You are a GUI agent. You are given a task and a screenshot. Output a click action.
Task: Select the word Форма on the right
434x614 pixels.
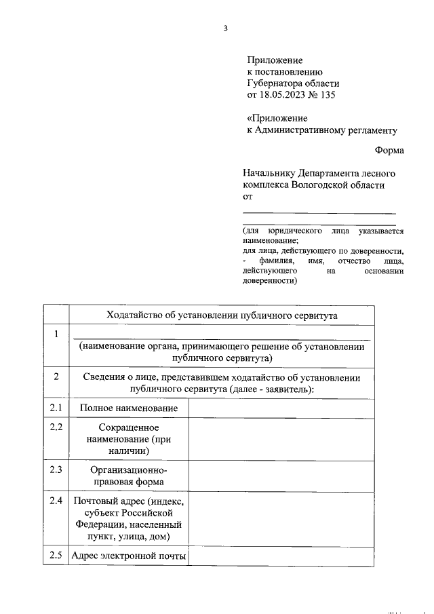389,150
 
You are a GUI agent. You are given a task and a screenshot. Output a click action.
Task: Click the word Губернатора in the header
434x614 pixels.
276,83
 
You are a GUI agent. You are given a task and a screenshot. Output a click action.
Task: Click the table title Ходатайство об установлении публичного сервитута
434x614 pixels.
221,315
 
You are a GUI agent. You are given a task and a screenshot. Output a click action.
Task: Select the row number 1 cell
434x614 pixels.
56,333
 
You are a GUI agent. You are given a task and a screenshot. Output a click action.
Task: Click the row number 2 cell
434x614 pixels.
56,377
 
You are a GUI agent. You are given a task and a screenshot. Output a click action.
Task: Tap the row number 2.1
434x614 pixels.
56,408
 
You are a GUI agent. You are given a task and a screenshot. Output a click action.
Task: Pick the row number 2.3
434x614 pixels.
56,469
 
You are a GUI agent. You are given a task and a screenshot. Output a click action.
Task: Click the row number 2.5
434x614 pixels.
56,556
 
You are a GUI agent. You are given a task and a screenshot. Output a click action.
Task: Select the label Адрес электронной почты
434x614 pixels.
129,556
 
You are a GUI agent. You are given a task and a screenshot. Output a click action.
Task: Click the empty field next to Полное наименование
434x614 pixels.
281,408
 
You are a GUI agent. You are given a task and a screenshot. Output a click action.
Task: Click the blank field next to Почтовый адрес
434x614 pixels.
281,519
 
